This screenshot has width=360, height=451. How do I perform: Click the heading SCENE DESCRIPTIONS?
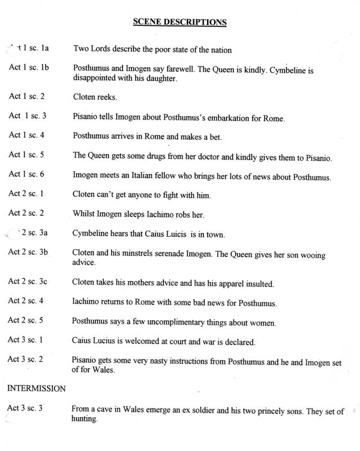[179, 23]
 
